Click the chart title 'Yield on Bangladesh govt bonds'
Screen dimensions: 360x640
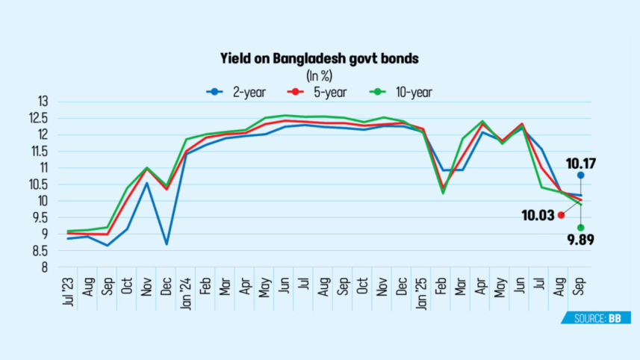(320, 57)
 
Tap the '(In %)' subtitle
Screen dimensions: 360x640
(320, 75)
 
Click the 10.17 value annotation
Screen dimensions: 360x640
(581, 163)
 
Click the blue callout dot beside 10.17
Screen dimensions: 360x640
(580, 176)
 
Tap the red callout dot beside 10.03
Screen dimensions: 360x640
(561, 215)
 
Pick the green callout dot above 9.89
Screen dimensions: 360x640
(580, 227)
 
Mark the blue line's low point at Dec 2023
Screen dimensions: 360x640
(167, 244)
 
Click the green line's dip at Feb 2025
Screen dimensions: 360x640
(443, 193)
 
